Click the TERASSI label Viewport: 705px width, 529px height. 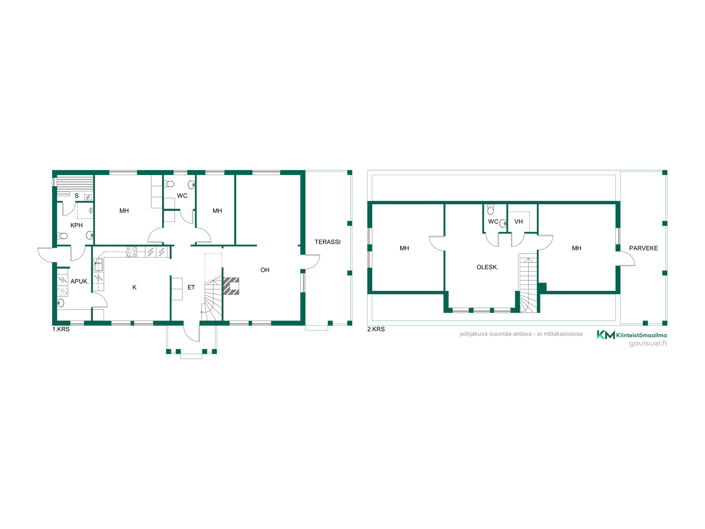click(x=328, y=242)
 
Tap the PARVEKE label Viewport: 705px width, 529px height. click(x=643, y=248)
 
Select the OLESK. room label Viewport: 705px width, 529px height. click(x=487, y=267)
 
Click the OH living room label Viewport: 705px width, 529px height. click(x=265, y=270)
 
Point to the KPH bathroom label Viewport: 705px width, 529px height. click(x=76, y=225)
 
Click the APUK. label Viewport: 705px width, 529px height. click(x=80, y=281)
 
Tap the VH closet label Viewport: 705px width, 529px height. click(x=518, y=222)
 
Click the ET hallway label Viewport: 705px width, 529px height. click(x=191, y=287)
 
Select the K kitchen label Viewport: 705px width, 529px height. click(x=134, y=287)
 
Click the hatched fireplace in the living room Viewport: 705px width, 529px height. click(x=231, y=286)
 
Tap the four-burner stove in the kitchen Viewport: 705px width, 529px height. click(x=131, y=252)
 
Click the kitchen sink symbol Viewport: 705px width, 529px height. click(x=98, y=264)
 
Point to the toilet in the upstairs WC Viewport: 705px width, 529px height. click(x=491, y=209)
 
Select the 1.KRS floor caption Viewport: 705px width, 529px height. click(x=61, y=329)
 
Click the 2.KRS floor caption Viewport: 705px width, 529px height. click(x=376, y=329)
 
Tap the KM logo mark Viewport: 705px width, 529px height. click(x=605, y=335)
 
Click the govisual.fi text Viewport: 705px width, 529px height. click(x=648, y=343)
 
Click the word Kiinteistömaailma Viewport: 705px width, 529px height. click(x=641, y=335)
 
